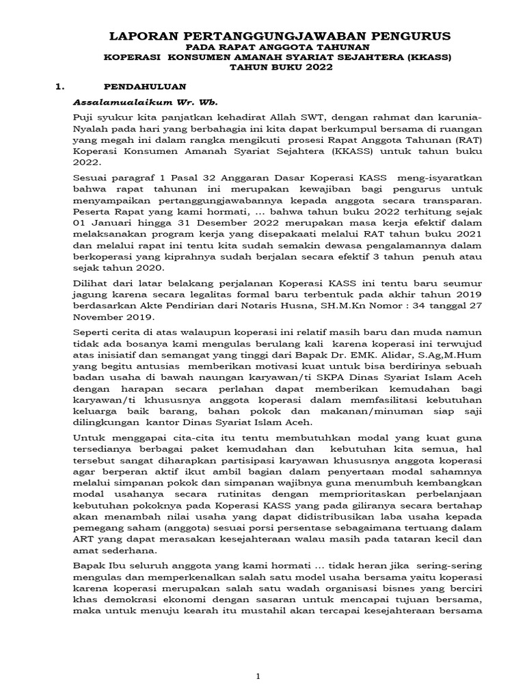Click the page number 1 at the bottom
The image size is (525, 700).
258,676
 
